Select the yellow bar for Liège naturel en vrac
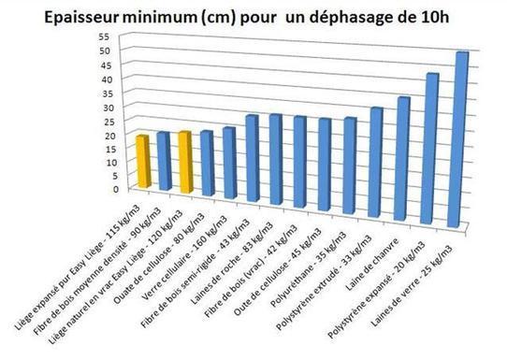184,162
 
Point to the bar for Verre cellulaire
229,162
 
